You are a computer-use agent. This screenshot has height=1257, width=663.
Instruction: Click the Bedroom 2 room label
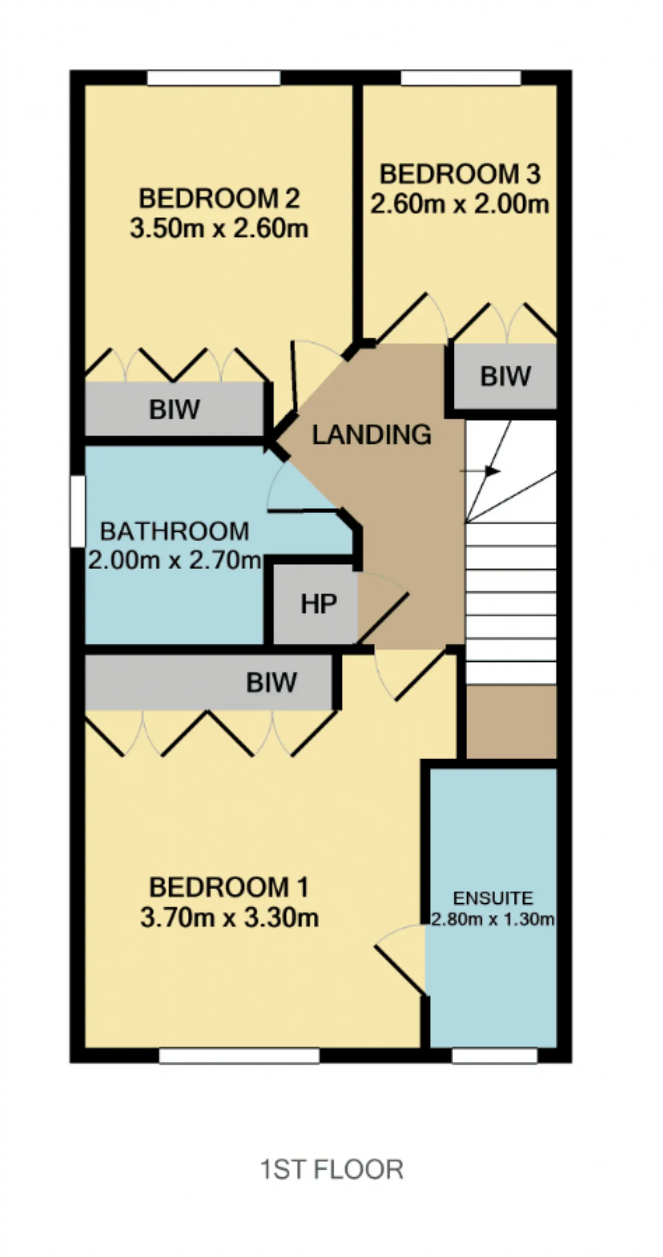coord(219,199)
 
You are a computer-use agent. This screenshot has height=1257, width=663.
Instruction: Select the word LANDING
coord(371,435)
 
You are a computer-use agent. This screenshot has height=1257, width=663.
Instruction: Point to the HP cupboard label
coord(319,604)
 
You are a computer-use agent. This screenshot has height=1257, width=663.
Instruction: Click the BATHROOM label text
coord(175,531)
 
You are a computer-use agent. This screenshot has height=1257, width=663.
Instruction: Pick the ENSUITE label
coord(493,898)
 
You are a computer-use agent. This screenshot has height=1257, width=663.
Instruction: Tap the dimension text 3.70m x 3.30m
coord(229,918)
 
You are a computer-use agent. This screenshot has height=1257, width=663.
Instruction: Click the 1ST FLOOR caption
coord(331,1170)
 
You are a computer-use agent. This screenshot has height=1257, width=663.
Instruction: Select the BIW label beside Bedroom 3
coord(506,377)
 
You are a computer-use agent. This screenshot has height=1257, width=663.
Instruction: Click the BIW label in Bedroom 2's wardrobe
coord(175,410)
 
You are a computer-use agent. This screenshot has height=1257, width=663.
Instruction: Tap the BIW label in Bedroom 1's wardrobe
coord(271,683)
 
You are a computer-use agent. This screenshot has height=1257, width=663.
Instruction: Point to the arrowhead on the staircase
coord(494,471)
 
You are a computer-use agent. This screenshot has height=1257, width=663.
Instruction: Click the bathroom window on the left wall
coord(78,511)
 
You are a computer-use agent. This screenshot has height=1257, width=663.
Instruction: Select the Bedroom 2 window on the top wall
coord(214,78)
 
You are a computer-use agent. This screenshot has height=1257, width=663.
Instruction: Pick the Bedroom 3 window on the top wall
coord(461,78)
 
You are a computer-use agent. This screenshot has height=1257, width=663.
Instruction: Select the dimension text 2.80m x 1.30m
coord(493,919)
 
